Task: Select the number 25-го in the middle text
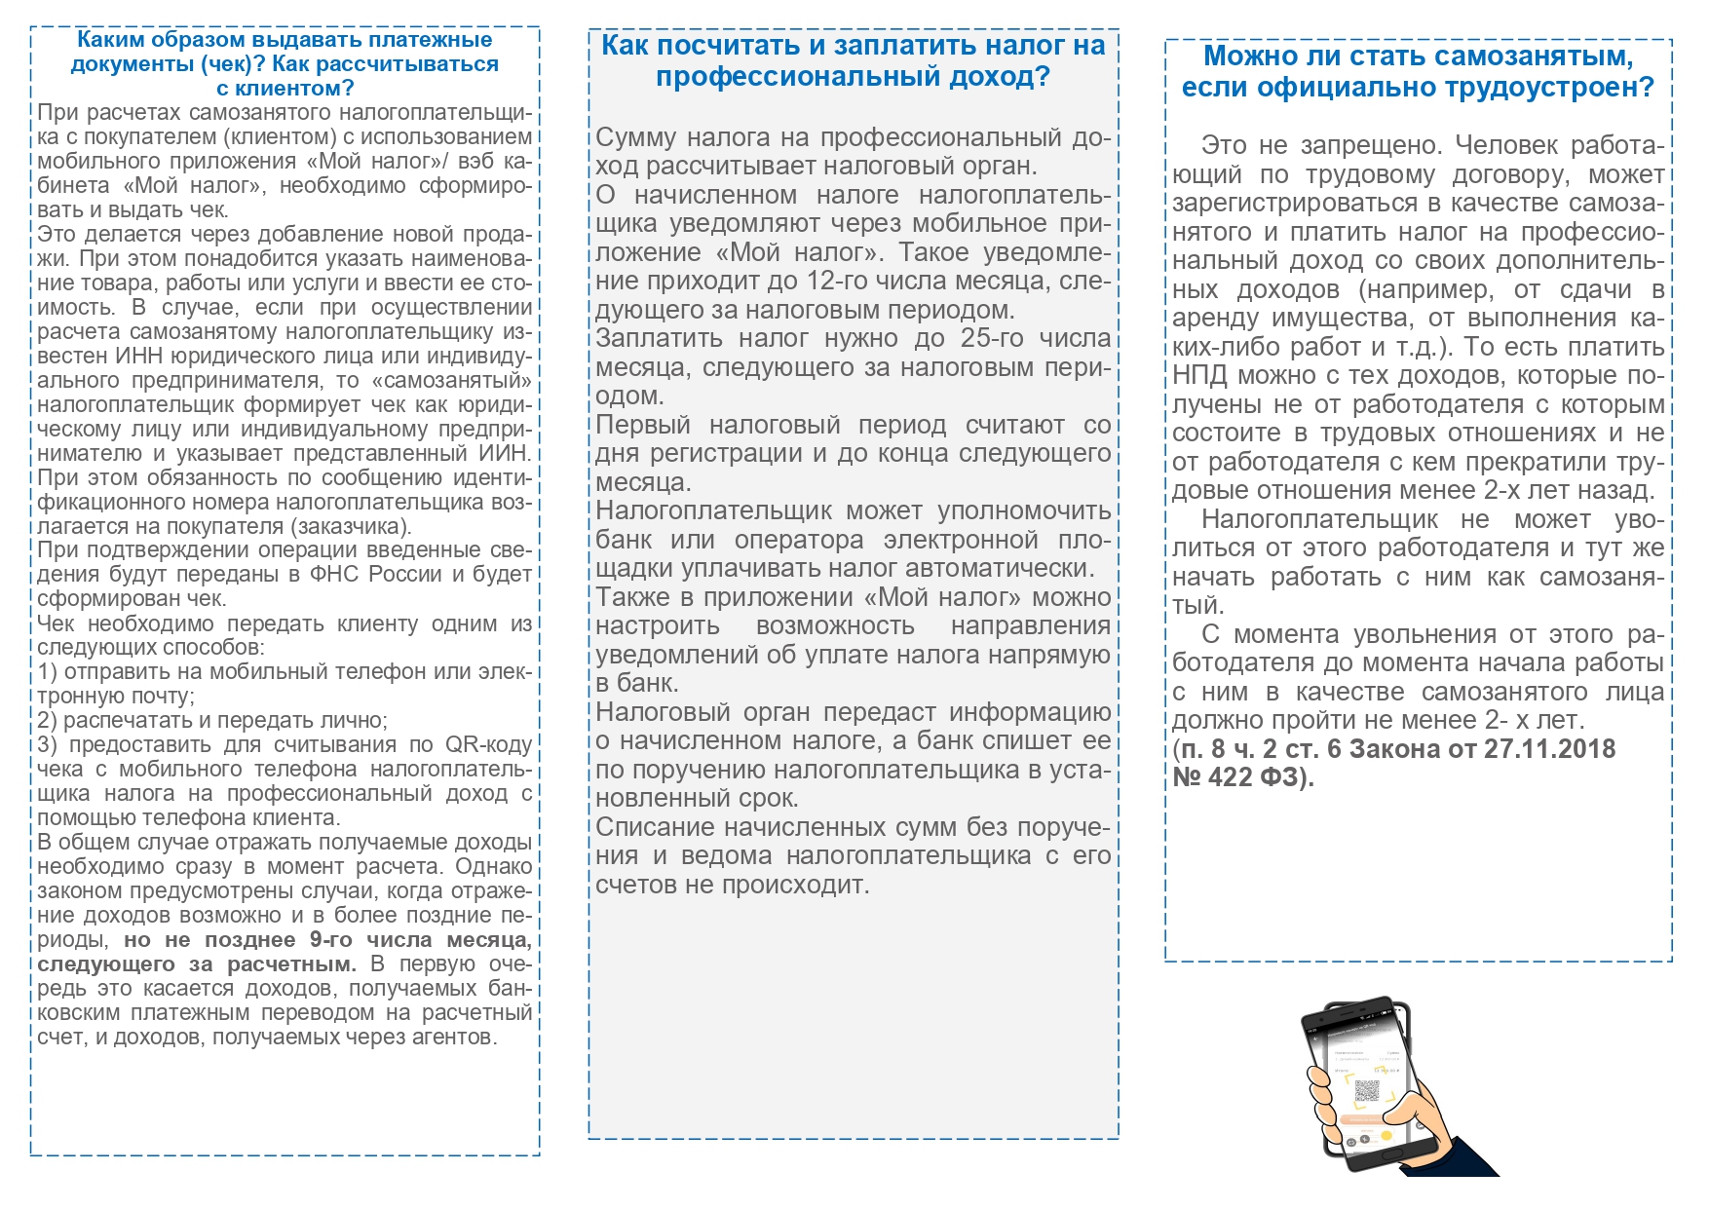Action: [x=993, y=338]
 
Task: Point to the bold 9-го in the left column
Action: [x=330, y=940]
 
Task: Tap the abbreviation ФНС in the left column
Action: [x=331, y=575]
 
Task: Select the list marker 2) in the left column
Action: [x=48, y=721]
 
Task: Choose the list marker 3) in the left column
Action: [x=48, y=745]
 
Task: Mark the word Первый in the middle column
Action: [x=643, y=425]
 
